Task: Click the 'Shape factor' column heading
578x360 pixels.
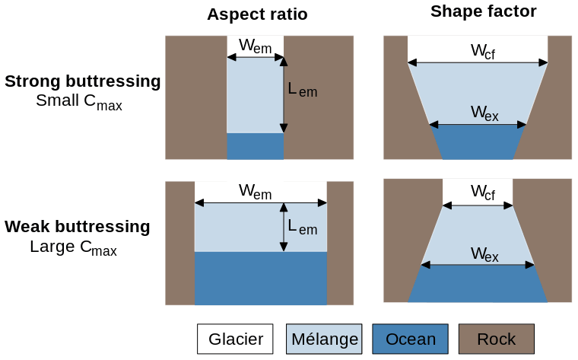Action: [x=483, y=11]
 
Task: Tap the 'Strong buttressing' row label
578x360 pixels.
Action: [x=83, y=81]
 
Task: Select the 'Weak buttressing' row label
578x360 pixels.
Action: [x=78, y=227]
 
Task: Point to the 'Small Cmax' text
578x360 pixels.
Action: [x=79, y=102]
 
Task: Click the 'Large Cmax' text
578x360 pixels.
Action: [x=73, y=247]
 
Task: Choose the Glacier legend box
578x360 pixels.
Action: [x=236, y=339]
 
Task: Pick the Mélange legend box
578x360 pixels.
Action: [x=322, y=339]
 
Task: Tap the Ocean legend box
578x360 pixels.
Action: [x=411, y=339]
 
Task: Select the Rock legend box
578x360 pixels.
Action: [x=496, y=339]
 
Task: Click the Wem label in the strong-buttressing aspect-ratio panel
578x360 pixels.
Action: [x=255, y=46]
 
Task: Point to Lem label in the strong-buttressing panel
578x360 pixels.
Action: [x=302, y=90]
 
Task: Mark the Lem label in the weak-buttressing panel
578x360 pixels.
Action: [x=302, y=226]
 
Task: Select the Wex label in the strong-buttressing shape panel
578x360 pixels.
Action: [x=484, y=113]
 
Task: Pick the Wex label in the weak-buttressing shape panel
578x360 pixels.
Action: [x=484, y=254]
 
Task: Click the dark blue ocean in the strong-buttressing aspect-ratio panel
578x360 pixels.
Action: [x=255, y=146]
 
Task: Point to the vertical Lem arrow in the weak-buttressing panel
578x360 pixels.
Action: [x=284, y=226]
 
